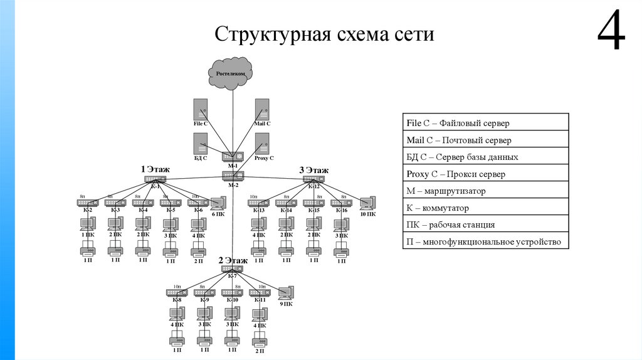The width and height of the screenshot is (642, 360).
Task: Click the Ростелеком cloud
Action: point(231,73)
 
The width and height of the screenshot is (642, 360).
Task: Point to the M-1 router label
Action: point(233,166)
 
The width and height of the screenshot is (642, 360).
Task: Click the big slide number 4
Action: point(611,33)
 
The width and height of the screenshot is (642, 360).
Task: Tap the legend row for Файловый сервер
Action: point(485,123)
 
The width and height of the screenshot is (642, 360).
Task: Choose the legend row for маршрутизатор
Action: point(485,191)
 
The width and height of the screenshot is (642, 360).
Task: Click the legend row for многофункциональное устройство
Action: point(485,241)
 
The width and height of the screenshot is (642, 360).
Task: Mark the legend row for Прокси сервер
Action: point(485,174)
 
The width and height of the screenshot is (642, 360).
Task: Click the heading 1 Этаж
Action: point(155,169)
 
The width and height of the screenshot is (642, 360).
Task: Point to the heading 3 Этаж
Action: point(313,170)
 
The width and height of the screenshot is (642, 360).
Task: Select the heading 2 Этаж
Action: point(233,260)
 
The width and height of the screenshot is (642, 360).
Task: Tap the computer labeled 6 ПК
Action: point(218,203)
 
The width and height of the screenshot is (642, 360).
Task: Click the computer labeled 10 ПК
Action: point(368,203)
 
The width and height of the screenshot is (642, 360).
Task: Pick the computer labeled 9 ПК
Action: point(285,293)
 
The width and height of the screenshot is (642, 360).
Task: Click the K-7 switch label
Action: point(232,276)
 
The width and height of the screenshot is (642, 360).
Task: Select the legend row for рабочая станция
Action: point(485,225)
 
